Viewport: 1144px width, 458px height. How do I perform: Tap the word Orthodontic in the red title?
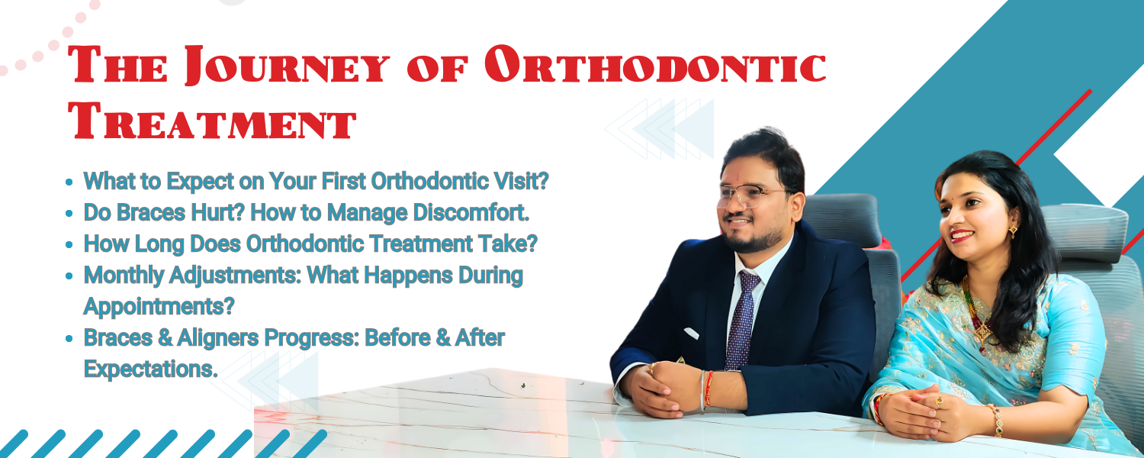[655, 64]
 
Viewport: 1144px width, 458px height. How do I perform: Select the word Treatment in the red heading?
[212, 121]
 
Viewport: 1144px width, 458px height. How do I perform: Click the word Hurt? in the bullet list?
[218, 212]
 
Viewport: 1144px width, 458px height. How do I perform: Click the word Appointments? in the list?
[159, 307]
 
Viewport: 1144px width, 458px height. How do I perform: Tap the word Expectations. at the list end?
[151, 369]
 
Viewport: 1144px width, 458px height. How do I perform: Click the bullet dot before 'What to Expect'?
[69, 182]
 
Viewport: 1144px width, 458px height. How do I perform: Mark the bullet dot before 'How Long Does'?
[69, 244]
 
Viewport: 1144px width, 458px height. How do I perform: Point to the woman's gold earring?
[1012, 231]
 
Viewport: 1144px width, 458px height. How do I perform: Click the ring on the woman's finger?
[939, 403]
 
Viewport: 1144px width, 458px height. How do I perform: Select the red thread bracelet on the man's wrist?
[709, 389]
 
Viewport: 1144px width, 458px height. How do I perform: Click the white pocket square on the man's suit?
[691, 334]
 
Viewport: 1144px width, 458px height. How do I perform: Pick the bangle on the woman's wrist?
[996, 420]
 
